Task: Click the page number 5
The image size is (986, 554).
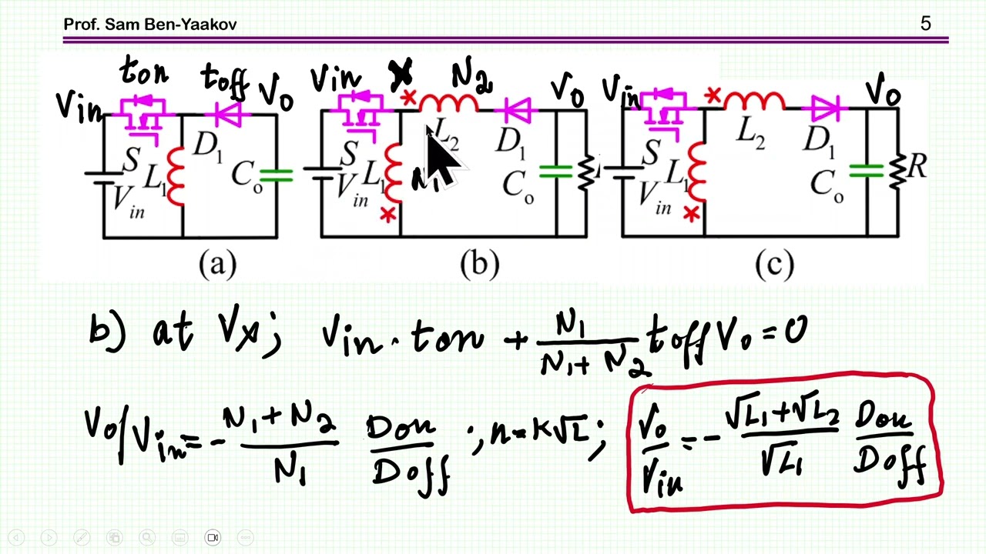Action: [x=925, y=24]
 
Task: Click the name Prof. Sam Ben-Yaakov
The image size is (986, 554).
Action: [x=149, y=24]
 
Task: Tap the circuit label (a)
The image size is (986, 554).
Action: [x=217, y=265]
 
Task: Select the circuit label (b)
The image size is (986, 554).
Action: [x=479, y=265]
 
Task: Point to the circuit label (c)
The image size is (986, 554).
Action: [x=774, y=265]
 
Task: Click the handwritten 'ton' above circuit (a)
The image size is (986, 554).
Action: [x=144, y=74]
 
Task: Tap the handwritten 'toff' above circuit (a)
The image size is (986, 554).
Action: [x=224, y=78]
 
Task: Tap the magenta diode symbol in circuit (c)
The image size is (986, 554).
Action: [x=827, y=111]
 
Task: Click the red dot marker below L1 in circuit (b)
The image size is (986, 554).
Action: [x=387, y=215]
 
